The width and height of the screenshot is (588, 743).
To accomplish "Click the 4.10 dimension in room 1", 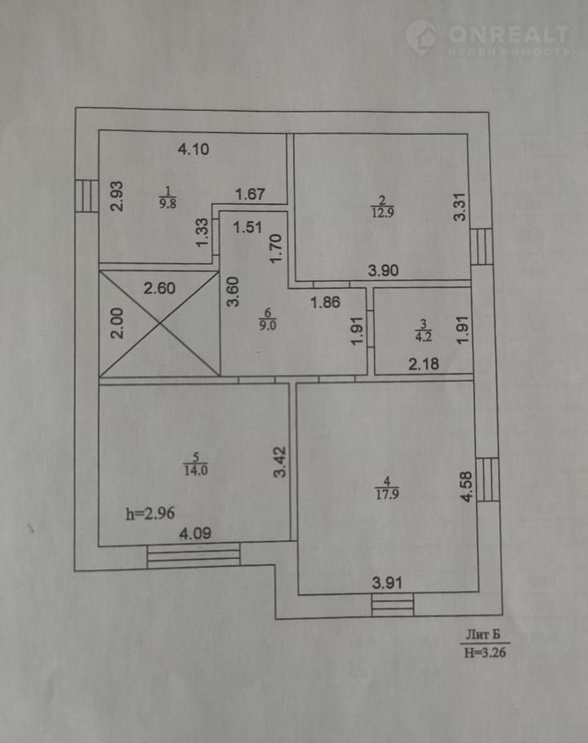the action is point(194,149).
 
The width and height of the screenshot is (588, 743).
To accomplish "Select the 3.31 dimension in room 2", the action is point(460,207).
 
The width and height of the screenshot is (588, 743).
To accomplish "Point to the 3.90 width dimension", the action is point(383,270).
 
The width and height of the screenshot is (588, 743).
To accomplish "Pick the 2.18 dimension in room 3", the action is point(424,364).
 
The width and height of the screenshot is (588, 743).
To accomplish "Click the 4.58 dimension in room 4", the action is point(466,486).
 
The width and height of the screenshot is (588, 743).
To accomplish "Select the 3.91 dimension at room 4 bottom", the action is point(387,583).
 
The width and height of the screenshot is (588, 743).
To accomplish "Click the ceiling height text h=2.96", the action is point(149,514).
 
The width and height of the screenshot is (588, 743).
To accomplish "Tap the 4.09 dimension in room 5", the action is point(195,533).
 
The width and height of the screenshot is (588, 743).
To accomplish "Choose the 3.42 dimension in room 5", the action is point(280,461).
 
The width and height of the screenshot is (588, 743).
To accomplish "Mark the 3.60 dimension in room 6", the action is point(233,292).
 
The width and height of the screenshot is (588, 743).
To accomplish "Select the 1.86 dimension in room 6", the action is point(326,302).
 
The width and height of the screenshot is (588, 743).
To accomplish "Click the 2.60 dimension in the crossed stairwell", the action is point(160,288).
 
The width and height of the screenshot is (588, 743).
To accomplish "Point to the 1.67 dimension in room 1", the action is point(250,194).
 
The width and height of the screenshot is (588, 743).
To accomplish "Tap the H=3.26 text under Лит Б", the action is point(485,652).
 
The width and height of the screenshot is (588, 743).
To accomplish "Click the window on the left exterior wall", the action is point(87,196).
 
